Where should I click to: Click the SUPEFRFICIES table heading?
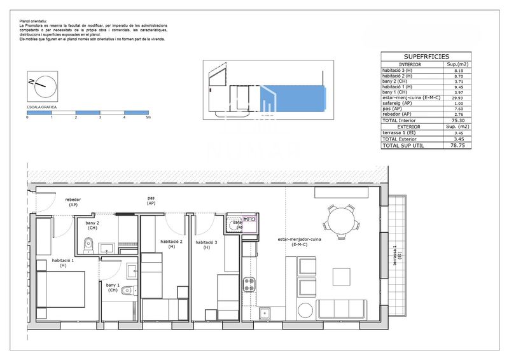(426, 57)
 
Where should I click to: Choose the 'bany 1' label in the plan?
(113, 287)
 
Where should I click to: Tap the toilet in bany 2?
(89, 244)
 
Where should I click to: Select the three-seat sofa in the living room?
(342, 309)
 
